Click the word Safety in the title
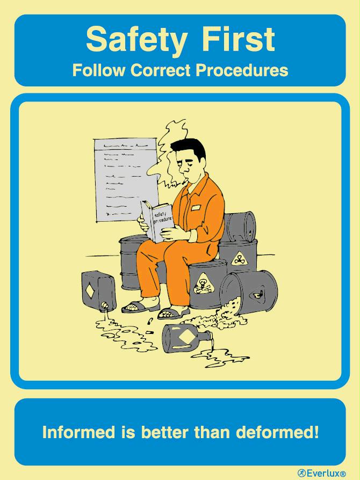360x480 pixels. click(136, 40)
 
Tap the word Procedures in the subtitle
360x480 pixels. click(242, 70)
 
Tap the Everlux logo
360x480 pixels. click(322, 473)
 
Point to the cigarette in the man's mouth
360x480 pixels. click(184, 183)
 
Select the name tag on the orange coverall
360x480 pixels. click(195, 208)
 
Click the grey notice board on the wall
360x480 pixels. click(126, 180)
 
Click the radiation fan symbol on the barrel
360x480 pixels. click(239, 259)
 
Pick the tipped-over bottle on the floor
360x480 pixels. click(187, 338)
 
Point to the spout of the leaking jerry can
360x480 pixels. click(105, 306)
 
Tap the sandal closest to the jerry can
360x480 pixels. click(141, 306)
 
